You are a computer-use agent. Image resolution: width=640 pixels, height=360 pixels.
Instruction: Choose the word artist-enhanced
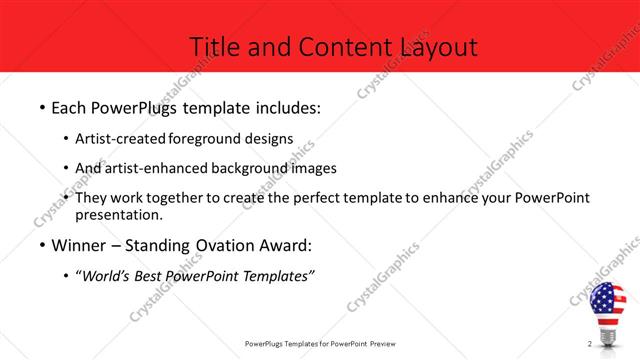(151, 168)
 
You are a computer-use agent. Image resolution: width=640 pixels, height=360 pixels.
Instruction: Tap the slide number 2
(590, 344)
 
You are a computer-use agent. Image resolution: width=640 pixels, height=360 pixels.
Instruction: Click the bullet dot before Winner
(42, 246)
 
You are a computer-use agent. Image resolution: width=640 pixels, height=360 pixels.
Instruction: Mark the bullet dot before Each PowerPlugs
(42, 107)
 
